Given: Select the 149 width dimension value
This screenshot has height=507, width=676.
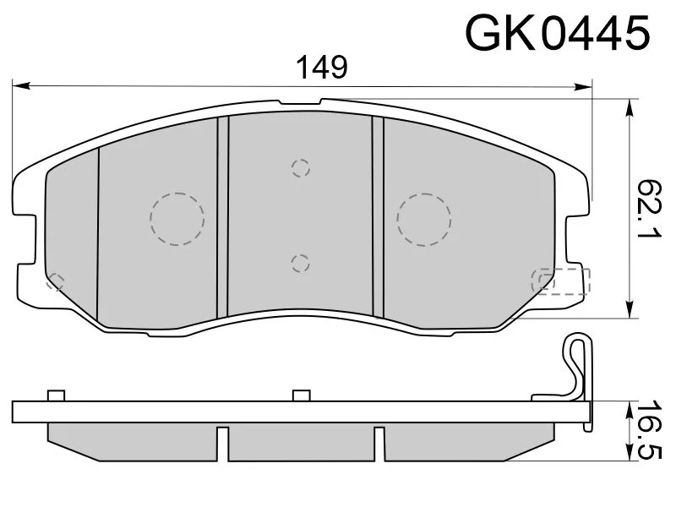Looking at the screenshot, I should [320, 67].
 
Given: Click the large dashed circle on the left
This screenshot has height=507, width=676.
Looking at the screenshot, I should [177, 218].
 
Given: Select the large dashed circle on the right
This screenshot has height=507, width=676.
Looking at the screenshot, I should [425, 218].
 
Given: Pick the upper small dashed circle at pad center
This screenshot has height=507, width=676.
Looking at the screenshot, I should [300, 167].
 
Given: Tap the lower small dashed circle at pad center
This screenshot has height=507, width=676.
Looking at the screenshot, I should [300, 263].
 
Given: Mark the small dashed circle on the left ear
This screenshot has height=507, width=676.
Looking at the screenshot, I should [56, 281].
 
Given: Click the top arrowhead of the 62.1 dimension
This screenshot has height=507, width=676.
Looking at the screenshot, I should [630, 106].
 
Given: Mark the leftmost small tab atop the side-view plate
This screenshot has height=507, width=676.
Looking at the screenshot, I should [57, 395].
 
